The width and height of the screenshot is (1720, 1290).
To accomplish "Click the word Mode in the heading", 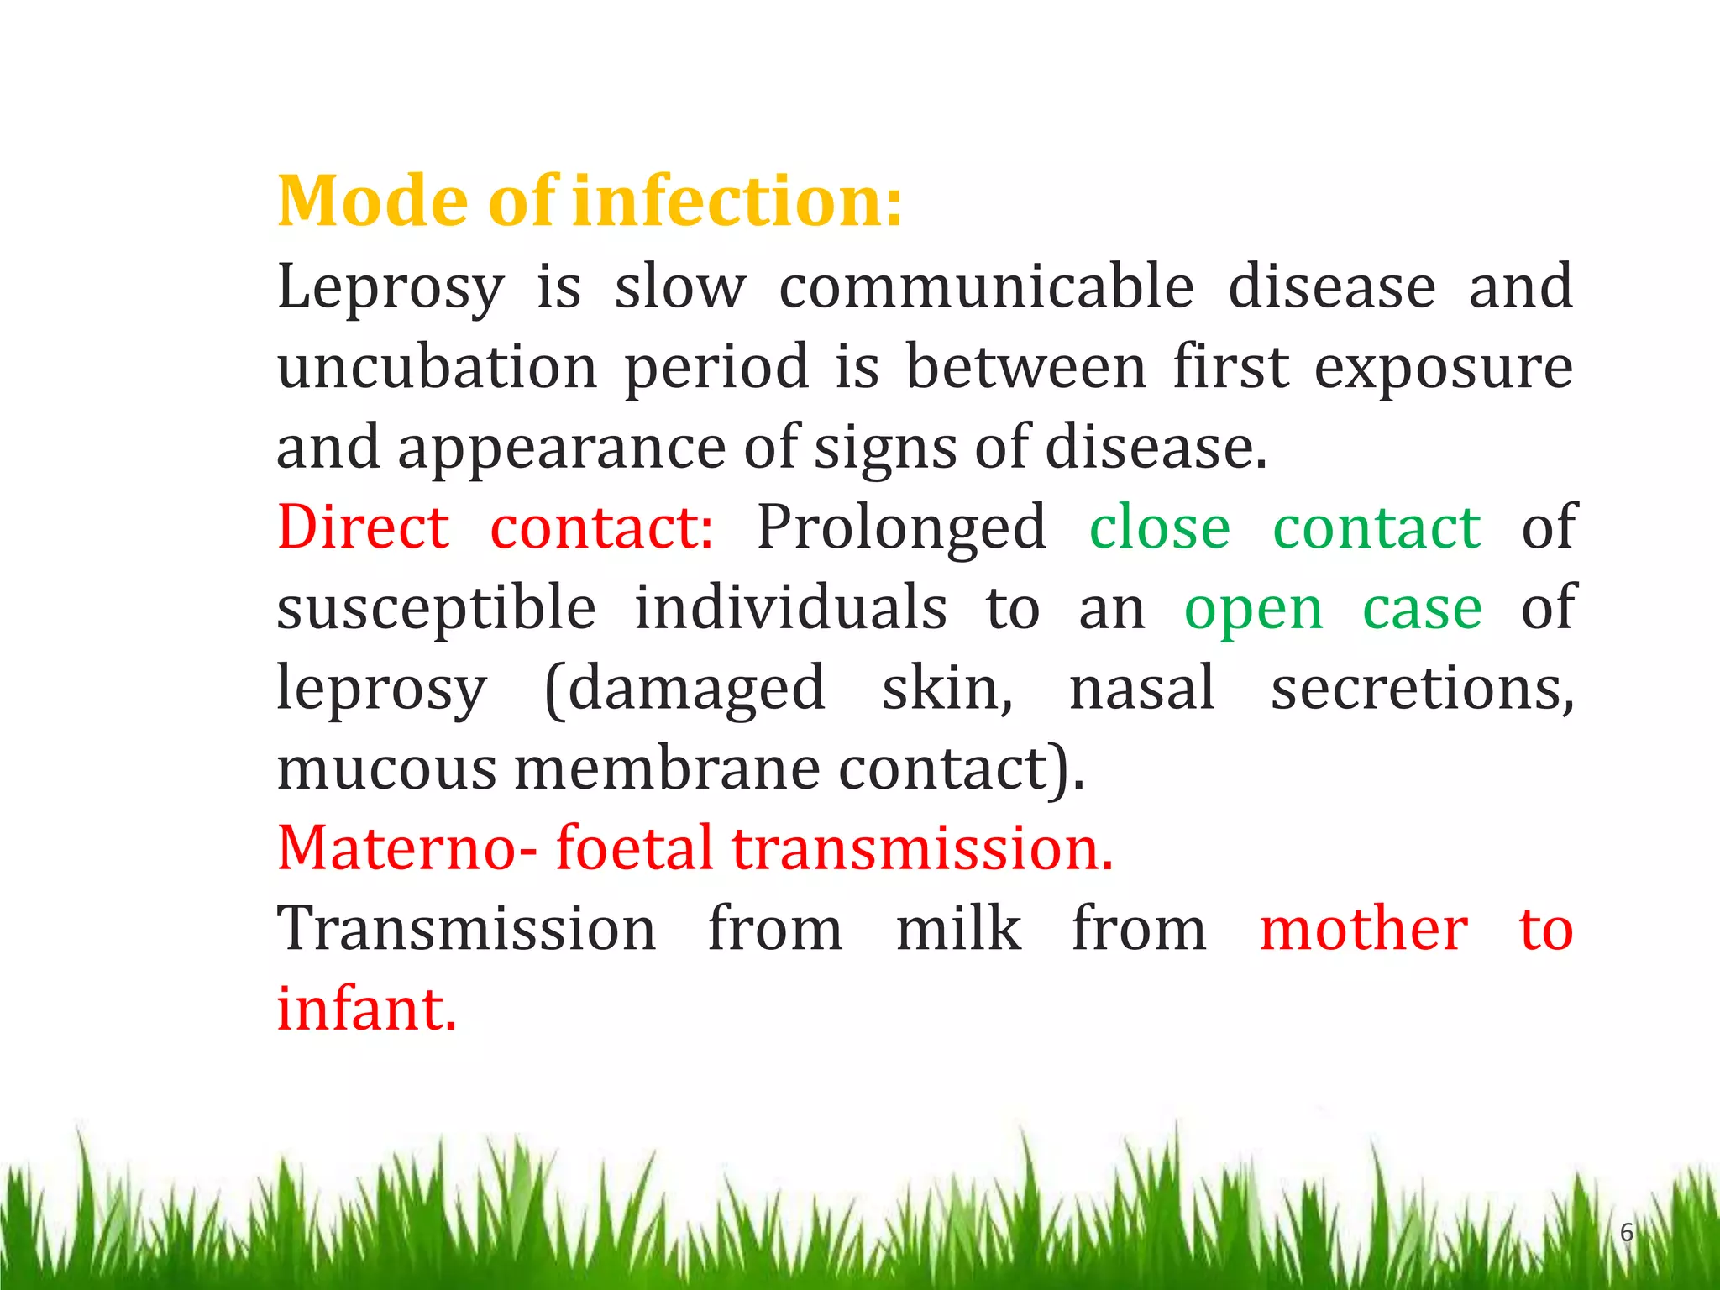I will click(x=373, y=202).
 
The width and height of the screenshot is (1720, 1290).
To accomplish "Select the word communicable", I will click(x=986, y=286).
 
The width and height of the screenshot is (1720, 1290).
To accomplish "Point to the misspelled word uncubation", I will click(x=437, y=367).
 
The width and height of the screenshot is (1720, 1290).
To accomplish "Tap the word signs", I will click(x=885, y=448).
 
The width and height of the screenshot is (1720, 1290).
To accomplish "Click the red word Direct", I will click(x=363, y=527).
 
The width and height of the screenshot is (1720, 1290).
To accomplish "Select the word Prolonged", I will click(x=901, y=529).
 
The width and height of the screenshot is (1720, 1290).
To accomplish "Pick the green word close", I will click(x=1159, y=527).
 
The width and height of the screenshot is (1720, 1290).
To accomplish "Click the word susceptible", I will click(x=437, y=608).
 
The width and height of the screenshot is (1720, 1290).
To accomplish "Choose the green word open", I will click(x=1253, y=610).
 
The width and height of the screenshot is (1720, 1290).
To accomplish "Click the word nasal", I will click(x=1141, y=688).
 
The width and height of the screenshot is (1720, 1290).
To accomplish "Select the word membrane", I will click(x=667, y=768).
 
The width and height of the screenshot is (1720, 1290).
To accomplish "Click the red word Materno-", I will click(x=406, y=847).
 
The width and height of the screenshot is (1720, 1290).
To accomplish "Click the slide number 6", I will click(x=1626, y=1233).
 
